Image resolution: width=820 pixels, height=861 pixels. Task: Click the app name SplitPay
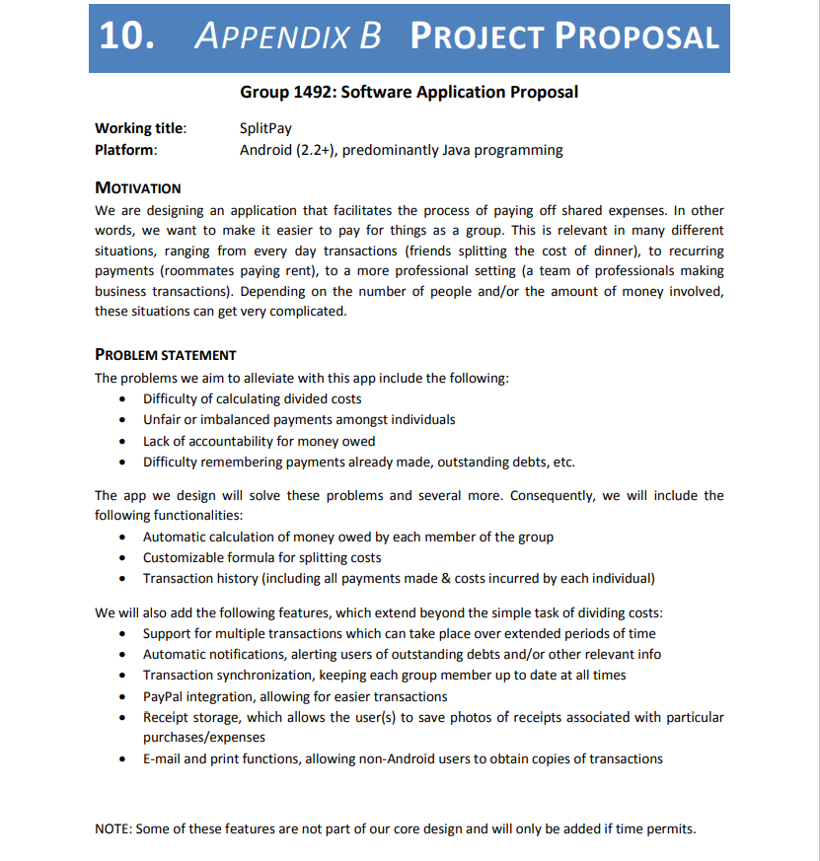(x=265, y=128)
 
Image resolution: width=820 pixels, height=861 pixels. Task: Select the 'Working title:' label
(x=140, y=128)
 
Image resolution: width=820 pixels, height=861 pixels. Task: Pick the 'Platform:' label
(x=125, y=150)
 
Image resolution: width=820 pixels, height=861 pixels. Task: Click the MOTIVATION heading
(x=138, y=187)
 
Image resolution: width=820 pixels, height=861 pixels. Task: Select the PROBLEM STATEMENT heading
(x=166, y=355)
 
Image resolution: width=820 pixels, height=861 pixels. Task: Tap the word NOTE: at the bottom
(x=112, y=828)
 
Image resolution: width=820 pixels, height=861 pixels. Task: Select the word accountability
(x=220, y=441)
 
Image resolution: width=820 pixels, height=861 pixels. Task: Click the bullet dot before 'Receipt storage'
(x=120, y=718)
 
